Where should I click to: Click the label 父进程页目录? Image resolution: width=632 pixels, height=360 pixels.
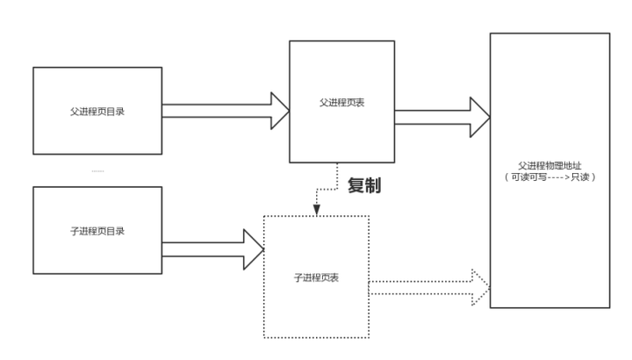[97, 111]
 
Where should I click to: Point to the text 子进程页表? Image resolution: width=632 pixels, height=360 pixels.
[317, 277]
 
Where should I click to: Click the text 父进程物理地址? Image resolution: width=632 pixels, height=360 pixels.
[549, 164]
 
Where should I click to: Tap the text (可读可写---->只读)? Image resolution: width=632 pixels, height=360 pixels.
[549, 176]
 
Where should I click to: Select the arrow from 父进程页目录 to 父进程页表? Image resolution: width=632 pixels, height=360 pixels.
[224, 111]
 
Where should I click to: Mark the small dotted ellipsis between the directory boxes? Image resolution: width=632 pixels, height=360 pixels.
[97, 169]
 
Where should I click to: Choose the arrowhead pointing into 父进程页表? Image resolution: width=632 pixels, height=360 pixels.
[278, 111]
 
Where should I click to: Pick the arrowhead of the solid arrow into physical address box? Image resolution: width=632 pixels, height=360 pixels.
[479, 117]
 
